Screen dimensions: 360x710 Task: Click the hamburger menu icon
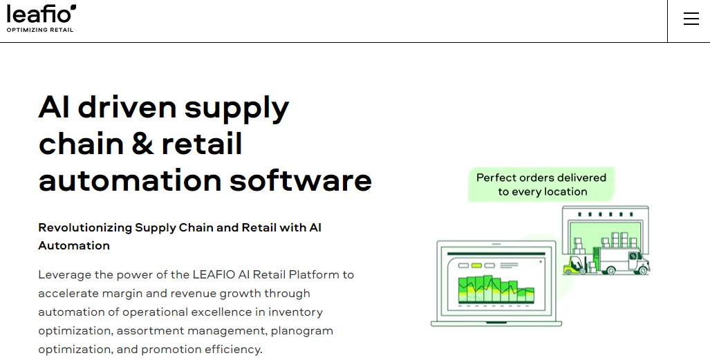tap(691, 19)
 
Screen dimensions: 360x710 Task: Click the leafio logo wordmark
tap(38, 15)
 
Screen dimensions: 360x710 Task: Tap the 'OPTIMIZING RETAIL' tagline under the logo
tap(40, 30)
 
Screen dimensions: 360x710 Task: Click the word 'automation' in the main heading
tap(128, 180)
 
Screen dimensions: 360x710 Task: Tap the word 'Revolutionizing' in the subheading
tap(84, 227)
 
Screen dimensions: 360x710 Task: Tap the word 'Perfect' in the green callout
tap(496, 178)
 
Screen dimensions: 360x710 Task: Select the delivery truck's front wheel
tap(639, 270)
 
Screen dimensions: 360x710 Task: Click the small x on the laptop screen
tap(541, 262)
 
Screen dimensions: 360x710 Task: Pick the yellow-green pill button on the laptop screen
tap(476, 265)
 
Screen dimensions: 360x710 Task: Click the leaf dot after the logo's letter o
tap(73, 8)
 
